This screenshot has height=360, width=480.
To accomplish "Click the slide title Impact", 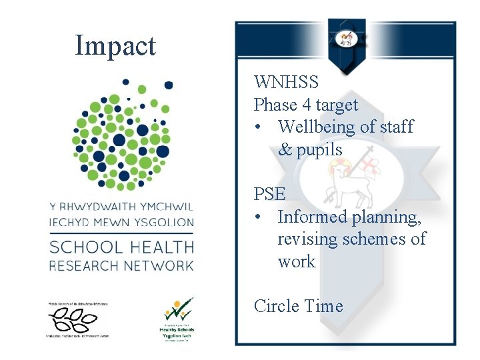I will pos(115,45).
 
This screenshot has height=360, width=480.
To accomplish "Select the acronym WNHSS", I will pos(286,83).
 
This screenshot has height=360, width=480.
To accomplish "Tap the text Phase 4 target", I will pos(306,105).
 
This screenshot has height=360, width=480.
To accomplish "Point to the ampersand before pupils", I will pos(285,150).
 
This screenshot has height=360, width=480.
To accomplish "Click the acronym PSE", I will pos(269,194).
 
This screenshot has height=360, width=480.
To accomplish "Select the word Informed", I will pos(311,217).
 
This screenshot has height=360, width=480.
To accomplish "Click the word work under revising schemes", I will pos(296,261).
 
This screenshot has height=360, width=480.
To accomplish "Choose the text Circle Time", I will pos(298,306).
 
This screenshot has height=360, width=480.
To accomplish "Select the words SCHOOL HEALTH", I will pos(121,247).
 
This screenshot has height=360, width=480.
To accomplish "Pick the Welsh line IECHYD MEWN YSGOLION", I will pos(121,222).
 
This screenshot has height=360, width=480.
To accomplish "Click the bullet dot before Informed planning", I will pos(257,217).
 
